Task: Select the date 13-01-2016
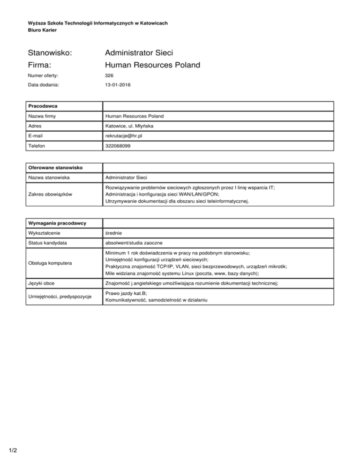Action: [x=118, y=85]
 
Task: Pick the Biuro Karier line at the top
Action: [x=42, y=30]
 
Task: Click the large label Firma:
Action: [x=40, y=66]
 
